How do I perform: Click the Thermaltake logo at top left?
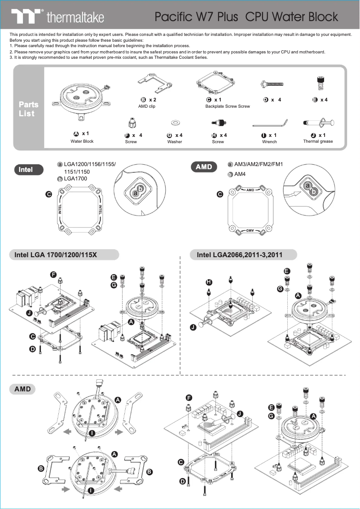(58, 17)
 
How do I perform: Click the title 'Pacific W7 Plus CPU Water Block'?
(246, 17)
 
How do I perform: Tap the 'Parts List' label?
(28, 109)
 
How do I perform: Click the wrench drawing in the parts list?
(269, 123)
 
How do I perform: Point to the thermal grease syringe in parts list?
(318, 123)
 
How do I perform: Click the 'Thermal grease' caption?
(318, 141)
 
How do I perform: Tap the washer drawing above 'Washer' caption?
(175, 122)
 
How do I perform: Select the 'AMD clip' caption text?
(147, 106)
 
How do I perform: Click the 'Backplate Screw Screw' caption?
(228, 106)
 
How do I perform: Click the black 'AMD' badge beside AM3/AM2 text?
(204, 167)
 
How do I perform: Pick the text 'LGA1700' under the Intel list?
(75, 179)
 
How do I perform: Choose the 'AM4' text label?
(240, 174)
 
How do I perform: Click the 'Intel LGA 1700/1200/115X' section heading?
(56, 255)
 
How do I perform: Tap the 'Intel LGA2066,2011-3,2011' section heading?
(240, 255)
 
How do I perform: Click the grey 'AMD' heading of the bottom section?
(22, 389)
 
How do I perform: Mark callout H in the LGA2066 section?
(208, 282)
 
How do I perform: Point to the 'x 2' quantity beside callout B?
(153, 100)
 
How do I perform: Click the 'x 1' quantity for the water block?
(85, 134)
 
